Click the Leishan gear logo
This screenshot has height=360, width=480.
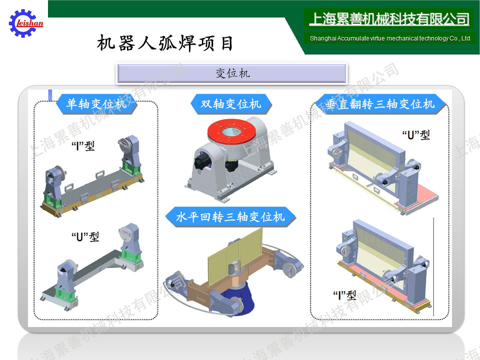(26, 23)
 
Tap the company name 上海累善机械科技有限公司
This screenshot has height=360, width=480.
(389, 19)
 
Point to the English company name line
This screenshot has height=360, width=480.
(389, 38)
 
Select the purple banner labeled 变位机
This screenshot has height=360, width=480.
(231, 73)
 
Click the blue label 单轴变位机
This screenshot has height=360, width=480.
(96, 104)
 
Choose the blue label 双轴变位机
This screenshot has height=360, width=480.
(231, 104)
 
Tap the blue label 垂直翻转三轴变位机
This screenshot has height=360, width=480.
(380, 104)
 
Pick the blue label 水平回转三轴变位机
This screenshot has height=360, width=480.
(230, 217)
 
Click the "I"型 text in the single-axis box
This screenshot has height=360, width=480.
(83, 146)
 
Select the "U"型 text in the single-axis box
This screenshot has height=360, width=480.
(85, 236)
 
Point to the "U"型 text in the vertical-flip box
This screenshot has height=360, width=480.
(415, 134)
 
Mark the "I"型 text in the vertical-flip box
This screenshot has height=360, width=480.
(344, 295)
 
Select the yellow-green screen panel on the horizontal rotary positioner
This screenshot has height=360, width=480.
(235, 256)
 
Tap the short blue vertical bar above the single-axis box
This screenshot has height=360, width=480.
(50, 95)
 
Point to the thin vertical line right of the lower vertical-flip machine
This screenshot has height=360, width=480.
(434, 266)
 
